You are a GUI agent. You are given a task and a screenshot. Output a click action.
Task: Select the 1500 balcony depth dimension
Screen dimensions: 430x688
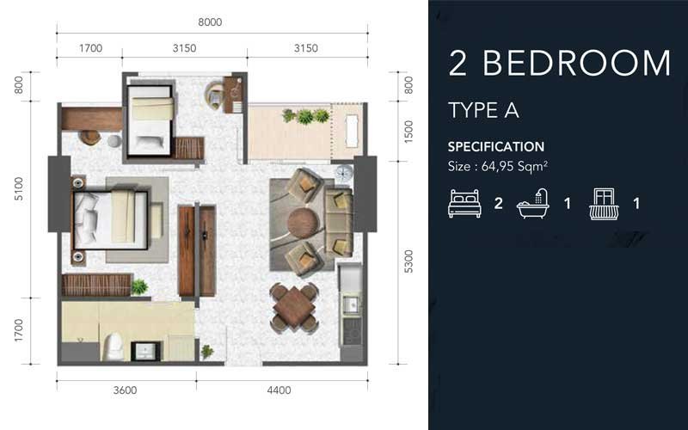coord(409,131)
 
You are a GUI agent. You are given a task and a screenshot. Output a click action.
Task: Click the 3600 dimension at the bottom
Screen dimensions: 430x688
coord(126,390)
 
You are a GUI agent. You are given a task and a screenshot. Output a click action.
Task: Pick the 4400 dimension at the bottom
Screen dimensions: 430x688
coord(279,390)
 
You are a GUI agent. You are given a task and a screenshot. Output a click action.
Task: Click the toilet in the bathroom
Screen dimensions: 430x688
coord(111,347)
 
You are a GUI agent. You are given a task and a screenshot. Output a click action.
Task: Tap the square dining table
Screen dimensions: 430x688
coord(293,307)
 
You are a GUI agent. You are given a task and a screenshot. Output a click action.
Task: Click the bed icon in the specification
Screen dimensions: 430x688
coord(464,204)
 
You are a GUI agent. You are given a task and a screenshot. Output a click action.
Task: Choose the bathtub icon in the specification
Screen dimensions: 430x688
coord(533,204)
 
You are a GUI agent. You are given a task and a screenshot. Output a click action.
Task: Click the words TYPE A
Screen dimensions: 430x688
coord(483,110)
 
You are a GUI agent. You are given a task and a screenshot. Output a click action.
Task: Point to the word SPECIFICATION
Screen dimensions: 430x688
coord(495,147)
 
